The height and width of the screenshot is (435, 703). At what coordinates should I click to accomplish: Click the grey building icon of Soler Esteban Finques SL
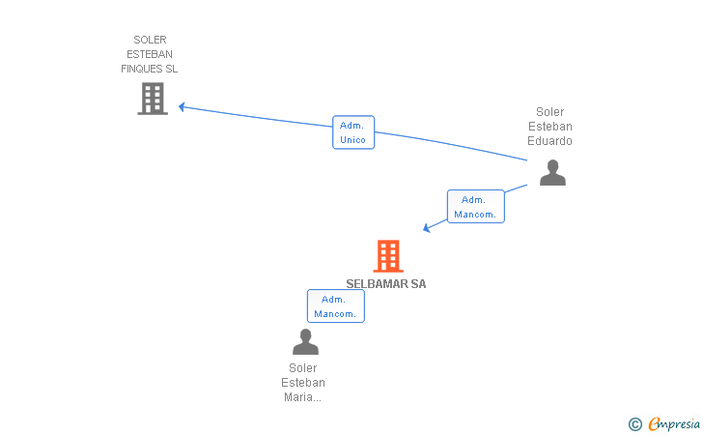tap(153, 99)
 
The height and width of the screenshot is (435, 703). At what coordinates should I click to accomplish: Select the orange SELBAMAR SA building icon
tap(388, 256)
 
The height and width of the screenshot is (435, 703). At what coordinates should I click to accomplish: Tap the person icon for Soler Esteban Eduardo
tap(552, 172)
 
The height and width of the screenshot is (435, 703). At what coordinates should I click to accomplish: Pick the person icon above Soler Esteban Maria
tap(305, 341)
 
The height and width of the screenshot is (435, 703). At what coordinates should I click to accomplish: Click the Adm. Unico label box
tap(353, 132)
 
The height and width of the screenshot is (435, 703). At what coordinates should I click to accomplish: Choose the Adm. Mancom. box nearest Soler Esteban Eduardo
tap(476, 207)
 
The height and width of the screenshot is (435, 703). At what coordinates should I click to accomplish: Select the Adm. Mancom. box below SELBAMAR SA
tap(336, 306)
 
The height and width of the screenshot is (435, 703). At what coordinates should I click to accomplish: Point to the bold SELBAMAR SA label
tap(386, 283)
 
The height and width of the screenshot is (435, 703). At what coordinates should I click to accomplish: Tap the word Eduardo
tap(549, 141)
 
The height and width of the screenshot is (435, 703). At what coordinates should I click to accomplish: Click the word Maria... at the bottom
tap(302, 397)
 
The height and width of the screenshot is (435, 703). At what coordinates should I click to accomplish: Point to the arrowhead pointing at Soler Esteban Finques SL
tap(182, 107)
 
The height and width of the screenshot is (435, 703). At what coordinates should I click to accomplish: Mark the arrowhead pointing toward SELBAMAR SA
tap(427, 228)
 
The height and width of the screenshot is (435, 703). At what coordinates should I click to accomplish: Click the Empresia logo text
tap(674, 423)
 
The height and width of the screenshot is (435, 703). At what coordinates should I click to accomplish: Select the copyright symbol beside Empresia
tap(635, 424)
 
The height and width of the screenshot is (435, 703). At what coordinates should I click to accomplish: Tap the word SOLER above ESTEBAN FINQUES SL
tap(150, 40)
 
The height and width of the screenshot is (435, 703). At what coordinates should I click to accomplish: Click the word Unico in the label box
tap(352, 139)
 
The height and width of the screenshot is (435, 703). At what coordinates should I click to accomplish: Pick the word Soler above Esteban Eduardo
tap(550, 112)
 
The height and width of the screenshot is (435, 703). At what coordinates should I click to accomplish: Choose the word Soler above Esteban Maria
tap(303, 368)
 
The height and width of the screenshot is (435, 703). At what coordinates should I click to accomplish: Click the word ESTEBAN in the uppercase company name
tap(150, 54)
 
